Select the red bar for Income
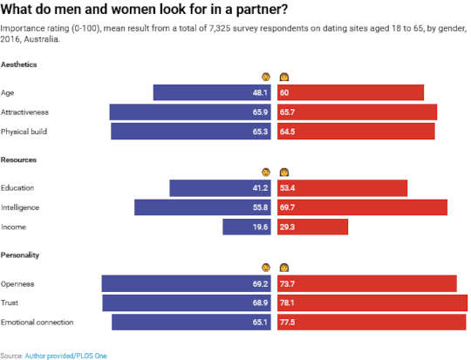tap(312, 227)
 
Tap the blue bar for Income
tap(248, 227)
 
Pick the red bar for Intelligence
tap(362, 207)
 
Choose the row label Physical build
tap(24, 132)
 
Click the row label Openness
tap(18, 284)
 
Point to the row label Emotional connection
tap(38, 323)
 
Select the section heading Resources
tap(19, 160)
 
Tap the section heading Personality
tap(21, 255)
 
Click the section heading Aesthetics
tap(20, 65)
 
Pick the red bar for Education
tap(342, 188)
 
